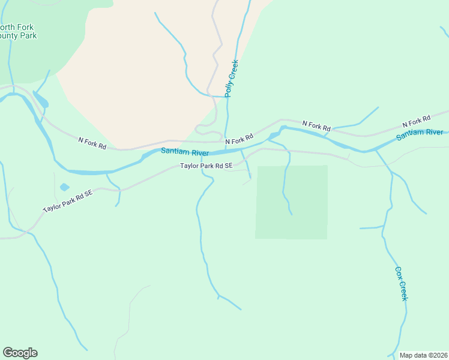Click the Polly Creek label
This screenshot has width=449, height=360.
click(231, 79)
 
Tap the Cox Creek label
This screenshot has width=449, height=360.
click(402, 283)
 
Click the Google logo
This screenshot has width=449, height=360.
click(20, 353)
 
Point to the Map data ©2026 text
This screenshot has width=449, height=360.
click(423, 355)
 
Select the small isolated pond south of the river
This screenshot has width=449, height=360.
click(64, 187)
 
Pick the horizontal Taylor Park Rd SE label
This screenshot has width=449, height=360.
click(206, 166)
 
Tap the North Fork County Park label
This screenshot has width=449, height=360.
click(18, 32)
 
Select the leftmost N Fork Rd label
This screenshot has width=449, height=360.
click(92, 142)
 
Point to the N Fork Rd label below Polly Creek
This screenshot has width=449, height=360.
click(240, 139)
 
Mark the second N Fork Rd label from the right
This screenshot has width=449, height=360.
click(316, 126)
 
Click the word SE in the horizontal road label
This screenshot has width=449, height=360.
click(228, 166)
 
